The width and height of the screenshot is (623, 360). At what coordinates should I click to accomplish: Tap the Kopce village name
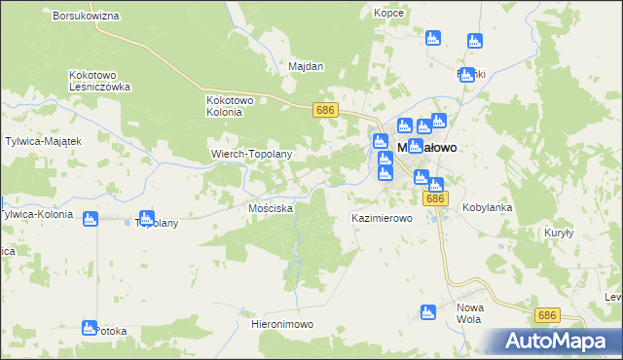pyautogui.click(x=388, y=13)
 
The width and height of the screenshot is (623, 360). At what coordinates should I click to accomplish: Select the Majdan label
pyautogui.click(x=306, y=66)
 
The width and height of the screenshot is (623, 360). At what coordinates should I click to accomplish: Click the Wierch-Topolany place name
pyautogui.click(x=252, y=155)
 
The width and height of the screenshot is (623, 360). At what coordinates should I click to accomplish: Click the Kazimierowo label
pyautogui.click(x=382, y=219)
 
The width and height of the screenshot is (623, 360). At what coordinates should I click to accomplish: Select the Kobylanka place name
pyautogui.click(x=488, y=207)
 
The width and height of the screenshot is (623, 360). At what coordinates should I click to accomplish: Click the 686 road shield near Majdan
pyautogui.click(x=325, y=111)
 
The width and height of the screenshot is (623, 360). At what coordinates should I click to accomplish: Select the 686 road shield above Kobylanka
pyautogui.click(x=436, y=198)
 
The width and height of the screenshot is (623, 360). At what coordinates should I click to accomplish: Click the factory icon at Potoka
pyautogui.click(x=90, y=328)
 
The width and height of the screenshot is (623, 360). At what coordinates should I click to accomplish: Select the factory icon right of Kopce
pyautogui.click(x=433, y=39)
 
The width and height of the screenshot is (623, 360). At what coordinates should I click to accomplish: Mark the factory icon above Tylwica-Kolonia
pyautogui.click(x=91, y=219)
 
